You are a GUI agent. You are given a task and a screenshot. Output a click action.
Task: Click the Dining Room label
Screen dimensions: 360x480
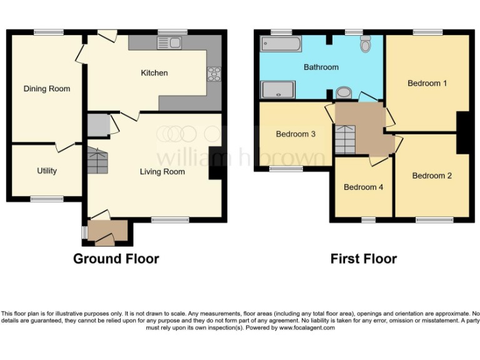pyautogui.click(x=47, y=89)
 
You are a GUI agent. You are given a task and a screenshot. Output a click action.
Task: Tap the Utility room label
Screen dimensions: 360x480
pyautogui.click(x=47, y=171)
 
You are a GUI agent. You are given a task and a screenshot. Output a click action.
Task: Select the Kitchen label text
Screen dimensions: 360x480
pyautogui.click(x=154, y=73)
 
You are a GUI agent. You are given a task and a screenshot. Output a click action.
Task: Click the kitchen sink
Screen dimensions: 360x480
pyautogui.click(x=169, y=42)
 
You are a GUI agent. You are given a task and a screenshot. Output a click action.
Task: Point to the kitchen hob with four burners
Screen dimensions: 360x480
pyautogui.click(x=214, y=74)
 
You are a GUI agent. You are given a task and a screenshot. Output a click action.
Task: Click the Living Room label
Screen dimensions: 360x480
pyautogui.click(x=162, y=171)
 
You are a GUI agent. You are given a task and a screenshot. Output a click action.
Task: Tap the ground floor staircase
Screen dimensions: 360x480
pyautogui.click(x=97, y=161)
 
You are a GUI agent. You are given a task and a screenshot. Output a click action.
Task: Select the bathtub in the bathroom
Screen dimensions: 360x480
pyautogui.click(x=281, y=44)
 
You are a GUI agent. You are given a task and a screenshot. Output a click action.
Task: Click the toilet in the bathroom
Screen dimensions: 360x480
pyautogui.click(x=366, y=42)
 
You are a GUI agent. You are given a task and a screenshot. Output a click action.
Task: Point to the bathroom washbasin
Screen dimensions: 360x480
pyautogui.click(x=344, y=93)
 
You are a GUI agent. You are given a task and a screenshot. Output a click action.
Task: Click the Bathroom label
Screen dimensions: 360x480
pyautogui.click(x=321, y=67)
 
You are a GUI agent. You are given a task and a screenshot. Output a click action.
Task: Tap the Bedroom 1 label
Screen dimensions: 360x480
pyautogui.click(x=427, y=83)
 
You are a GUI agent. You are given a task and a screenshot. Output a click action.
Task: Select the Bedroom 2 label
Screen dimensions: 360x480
pyautogui.click(x=432, y=176)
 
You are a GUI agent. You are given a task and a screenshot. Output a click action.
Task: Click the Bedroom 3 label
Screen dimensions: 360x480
pyautogui.click(x=296, y=134)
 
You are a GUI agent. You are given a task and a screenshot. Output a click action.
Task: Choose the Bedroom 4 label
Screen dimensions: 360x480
pyautogui.click(x=363, y=187)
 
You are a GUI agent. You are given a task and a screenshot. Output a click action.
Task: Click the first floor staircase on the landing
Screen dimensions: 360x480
pyautogui.click(x=345, y=139)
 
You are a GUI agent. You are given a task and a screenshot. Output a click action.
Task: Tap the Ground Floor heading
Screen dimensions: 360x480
pyautogui.click(x=116, y=259)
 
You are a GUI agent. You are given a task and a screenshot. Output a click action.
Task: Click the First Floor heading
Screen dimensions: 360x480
pyautogui.click(x=364, y=259)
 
